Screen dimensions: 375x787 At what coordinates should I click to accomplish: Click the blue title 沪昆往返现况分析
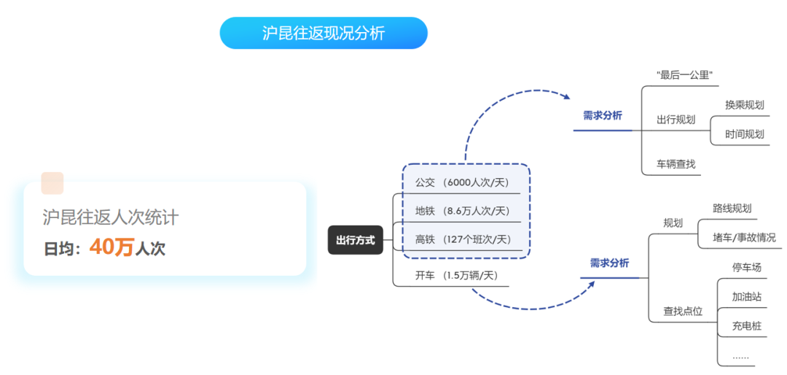(324, 33)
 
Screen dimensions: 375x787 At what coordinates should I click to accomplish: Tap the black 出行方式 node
(356, 240)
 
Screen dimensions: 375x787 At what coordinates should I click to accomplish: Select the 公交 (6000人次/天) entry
(462, 182)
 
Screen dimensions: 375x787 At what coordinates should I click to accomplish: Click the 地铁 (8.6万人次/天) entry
(462, 211)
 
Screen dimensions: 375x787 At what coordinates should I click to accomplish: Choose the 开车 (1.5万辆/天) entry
(456, 275)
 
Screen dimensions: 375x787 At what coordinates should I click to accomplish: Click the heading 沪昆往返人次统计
(111, 217)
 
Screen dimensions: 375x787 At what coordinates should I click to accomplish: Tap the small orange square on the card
(52, 183)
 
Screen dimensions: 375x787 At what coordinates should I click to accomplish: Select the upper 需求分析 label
(603, 115)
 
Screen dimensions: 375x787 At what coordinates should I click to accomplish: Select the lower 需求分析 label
(609, 263)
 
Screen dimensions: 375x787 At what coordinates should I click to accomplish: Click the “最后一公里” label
(684, 75)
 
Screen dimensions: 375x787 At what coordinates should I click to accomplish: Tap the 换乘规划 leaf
(744, 104)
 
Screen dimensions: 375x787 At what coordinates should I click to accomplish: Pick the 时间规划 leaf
(744, 134)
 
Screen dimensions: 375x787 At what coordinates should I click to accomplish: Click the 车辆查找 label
(676, 163)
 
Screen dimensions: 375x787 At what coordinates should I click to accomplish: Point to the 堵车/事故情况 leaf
(744, 237)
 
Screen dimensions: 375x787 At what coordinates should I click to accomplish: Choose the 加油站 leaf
(747, 296)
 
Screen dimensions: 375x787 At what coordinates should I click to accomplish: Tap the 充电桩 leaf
(747, 325)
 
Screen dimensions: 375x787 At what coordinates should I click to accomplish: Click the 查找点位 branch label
(683, 311)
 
